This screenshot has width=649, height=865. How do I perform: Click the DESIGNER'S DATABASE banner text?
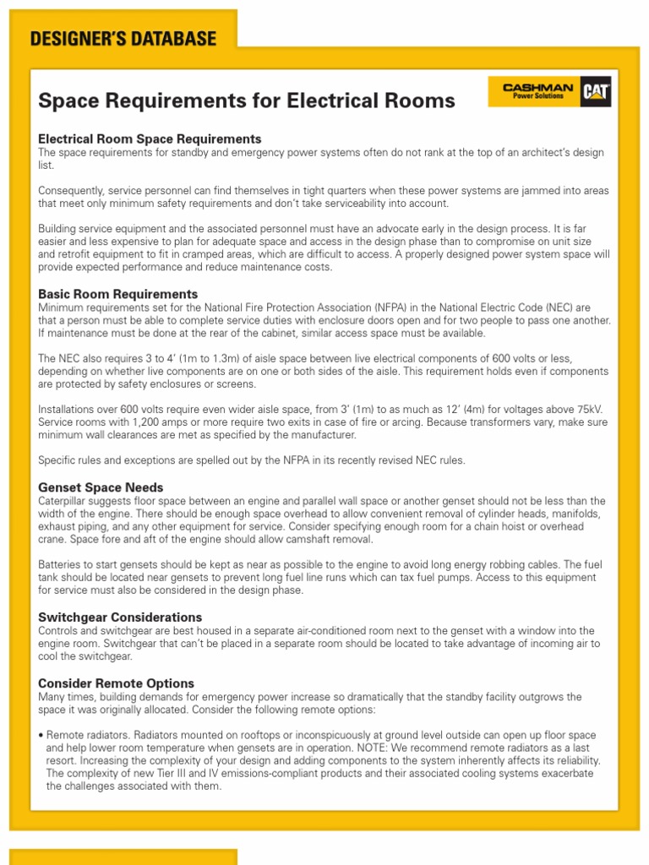pyautogui.click(x=123, y=39)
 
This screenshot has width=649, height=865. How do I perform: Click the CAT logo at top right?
pyautogui.click(x=596, y=92)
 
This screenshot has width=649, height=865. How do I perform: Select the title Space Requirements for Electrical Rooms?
pyautogui.click(x=247, y=101)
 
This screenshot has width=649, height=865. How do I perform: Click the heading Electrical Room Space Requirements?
pyautogui.click(x=150, y=139)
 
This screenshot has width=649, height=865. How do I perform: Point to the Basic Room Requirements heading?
pyautogui.click(x=118, y=294)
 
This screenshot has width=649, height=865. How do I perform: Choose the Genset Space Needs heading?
pyautogui.click(x=101, y=487)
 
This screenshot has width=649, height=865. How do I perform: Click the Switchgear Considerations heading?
pyautogui.click(x=120, y=617)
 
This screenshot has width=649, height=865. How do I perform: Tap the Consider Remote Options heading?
pyautogui.click(x=116, y=683)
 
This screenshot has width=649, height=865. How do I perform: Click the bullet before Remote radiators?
pyautogui.click(x=41, y=735)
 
